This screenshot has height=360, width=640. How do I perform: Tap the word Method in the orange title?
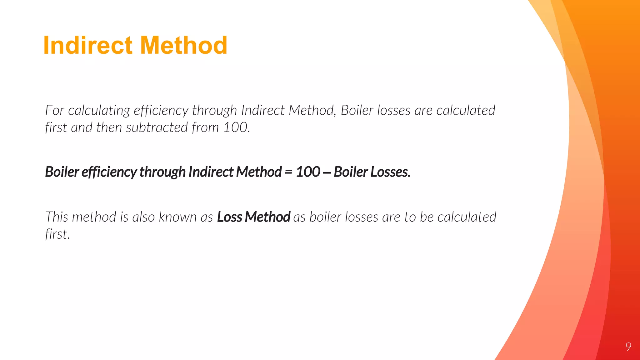184,45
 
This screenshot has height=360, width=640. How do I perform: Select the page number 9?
628,347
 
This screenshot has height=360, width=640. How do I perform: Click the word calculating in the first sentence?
99,111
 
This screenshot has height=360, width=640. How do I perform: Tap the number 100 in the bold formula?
308,172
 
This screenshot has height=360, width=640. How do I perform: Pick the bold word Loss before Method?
229,217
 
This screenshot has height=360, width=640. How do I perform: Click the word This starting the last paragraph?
57,217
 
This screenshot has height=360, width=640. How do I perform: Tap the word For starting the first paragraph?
54,110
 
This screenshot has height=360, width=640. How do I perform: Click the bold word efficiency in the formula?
109,172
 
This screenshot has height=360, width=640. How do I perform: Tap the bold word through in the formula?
162,172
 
